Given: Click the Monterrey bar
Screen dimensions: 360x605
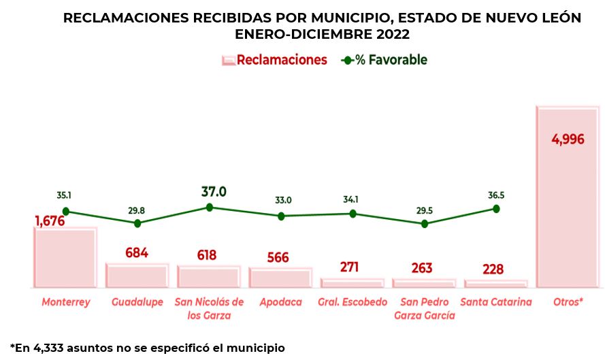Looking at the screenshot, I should click(x=65, y=259).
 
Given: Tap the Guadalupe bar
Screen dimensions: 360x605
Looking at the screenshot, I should click(x=137, y=276).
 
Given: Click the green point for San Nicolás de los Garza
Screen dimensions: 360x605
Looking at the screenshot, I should click(x=209, y=207).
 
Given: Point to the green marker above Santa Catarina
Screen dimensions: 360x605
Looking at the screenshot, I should click(x=496, y=209).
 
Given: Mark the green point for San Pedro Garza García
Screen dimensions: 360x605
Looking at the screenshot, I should click(x=425, y=223).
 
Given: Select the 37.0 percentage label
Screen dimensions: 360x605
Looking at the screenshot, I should click(x=214, y=192).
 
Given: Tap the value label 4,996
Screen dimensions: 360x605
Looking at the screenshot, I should click(x=568, y=140).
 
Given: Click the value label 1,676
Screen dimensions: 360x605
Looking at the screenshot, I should click(x=49, y=220).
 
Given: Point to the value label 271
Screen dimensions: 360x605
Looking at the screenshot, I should click(x=349, y=267).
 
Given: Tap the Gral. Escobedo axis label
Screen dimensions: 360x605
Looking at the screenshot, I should click(x=353, y=302).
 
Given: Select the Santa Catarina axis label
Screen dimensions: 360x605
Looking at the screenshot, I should click(x=496, y=302).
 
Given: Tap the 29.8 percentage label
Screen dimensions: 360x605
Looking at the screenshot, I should click(x=137, y=210).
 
